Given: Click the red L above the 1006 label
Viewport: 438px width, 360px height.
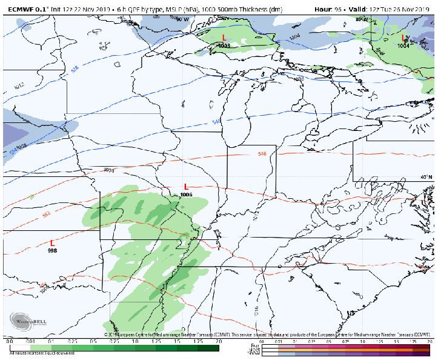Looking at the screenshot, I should (186, 187).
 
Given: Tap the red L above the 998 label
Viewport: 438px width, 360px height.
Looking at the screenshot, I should (52, 242).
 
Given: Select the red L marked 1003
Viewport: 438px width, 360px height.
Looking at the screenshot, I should (224, 38).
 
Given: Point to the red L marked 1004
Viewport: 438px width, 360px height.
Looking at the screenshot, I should (403, 38).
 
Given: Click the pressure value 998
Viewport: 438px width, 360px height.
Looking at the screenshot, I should (52, 250).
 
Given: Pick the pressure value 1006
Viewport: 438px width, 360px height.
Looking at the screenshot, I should (186, 195).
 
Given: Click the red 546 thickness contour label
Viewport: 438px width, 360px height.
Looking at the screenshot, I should (262, 154).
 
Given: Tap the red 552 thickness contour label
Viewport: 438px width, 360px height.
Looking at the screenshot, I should (46, 216).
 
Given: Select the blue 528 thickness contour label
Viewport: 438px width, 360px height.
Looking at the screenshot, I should (75, 69).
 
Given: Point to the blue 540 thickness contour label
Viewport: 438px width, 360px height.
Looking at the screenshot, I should (216, 122).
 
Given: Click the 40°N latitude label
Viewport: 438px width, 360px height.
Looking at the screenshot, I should (426, 178).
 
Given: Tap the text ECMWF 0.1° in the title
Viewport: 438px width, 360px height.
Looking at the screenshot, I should (22, 9).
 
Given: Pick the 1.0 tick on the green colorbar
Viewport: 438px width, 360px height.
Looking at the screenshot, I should (134, 342).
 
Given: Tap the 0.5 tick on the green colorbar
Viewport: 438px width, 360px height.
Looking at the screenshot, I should (93, 342).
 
